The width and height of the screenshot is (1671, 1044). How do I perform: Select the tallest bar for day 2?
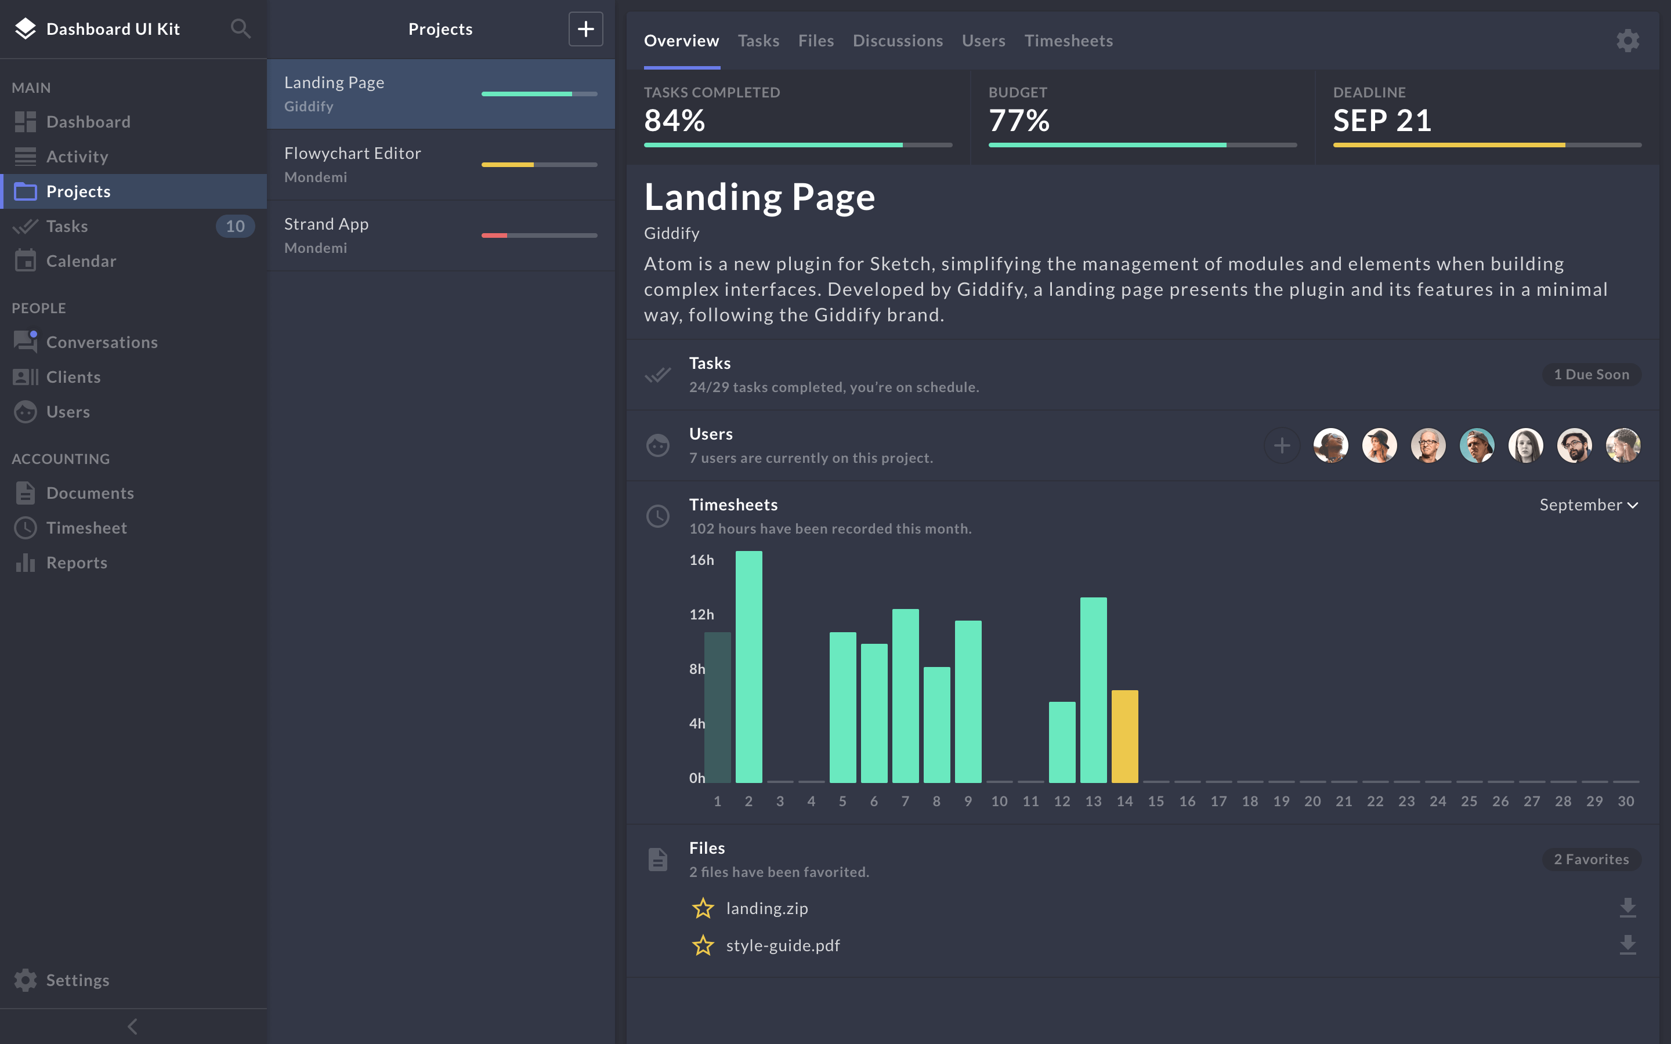pos(748,666)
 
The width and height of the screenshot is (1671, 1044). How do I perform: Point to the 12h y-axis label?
pos(701,615)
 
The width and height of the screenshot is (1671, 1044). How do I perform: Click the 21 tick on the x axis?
pos(1343,801)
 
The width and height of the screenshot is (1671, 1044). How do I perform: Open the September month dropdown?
pos(1588,505)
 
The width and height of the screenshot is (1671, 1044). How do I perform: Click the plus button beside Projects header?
pos(585,29)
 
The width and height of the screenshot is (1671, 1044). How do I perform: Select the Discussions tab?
pos(897,41)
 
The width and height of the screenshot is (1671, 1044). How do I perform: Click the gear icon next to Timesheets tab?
pos(1627,41)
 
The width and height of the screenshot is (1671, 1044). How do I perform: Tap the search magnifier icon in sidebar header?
pos(240,29)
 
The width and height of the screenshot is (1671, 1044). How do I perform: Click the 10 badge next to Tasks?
pos(235,226)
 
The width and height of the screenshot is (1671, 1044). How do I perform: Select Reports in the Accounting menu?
pos(76,563)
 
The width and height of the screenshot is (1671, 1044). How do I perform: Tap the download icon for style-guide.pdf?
pos(1627,945)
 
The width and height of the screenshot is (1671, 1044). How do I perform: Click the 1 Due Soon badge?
pos(1591,374)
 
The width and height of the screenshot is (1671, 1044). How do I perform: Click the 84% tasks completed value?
pos(674,121)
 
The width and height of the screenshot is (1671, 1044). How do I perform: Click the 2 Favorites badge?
pos(1591,859)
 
